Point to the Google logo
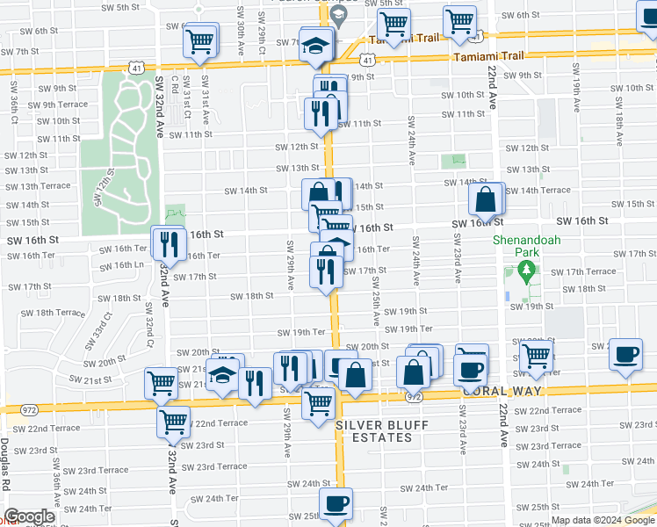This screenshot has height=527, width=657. pyautogui.click(x=29, y=517)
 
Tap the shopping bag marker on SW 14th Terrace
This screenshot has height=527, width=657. pyautogui.click(x=485, y=200)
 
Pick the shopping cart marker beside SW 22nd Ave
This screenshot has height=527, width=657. pyautogui.click(x=535, y=357)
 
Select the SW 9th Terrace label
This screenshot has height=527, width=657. pyautogui.click(x=58, y=105)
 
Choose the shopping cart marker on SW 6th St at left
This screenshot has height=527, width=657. pyautogui.click(x=201, y=40)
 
